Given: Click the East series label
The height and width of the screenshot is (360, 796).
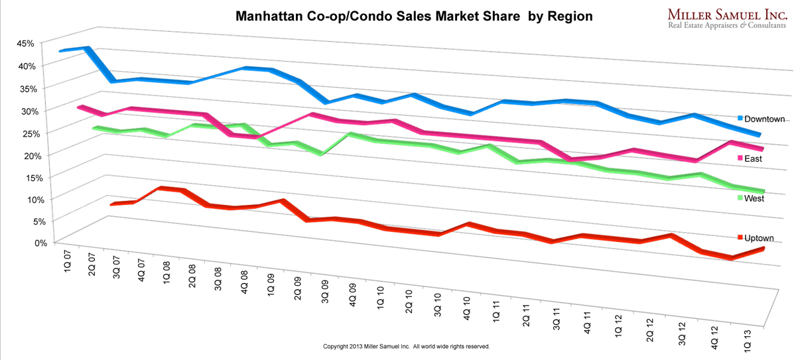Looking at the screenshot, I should tap(754, 159).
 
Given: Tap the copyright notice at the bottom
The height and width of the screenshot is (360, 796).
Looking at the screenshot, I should tap(406, 347).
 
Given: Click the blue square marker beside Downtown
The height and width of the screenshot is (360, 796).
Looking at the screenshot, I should tap(740, 119).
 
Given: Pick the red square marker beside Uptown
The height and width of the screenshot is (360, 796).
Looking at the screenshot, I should tap(740, 238).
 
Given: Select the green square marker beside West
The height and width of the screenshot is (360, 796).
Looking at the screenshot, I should tap(740, 198).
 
